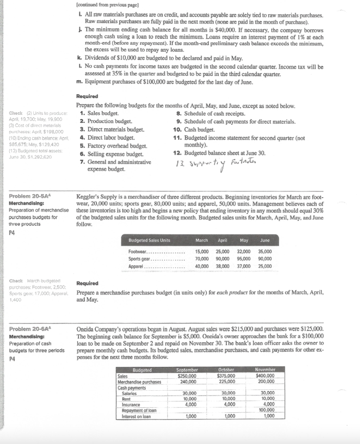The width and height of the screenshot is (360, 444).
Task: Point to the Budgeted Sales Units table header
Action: coord(149,240)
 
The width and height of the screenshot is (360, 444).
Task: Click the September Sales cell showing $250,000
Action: coord(187,375)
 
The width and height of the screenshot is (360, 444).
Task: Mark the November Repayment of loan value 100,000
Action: coord(266,409)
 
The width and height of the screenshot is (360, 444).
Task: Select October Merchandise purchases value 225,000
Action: coord(227,382)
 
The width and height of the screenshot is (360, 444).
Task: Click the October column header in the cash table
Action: coord(227,369)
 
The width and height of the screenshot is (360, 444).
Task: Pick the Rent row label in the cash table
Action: coord(127,398)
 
